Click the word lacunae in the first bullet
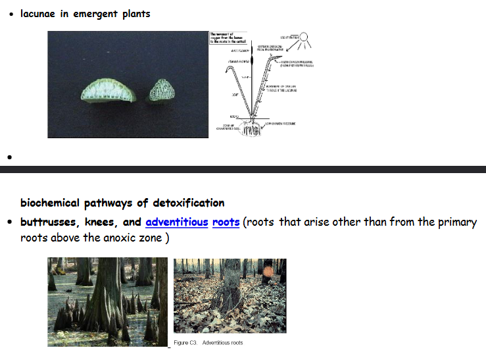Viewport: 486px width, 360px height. pos(41,13)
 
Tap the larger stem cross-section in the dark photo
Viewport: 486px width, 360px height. pos(109,90)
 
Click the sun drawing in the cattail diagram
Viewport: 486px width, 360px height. pos(306,40)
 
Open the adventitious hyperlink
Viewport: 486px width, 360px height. pos(176,222)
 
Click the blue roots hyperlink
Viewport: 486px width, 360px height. pos(226,222)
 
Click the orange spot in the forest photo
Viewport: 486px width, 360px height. pos(267,270)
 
